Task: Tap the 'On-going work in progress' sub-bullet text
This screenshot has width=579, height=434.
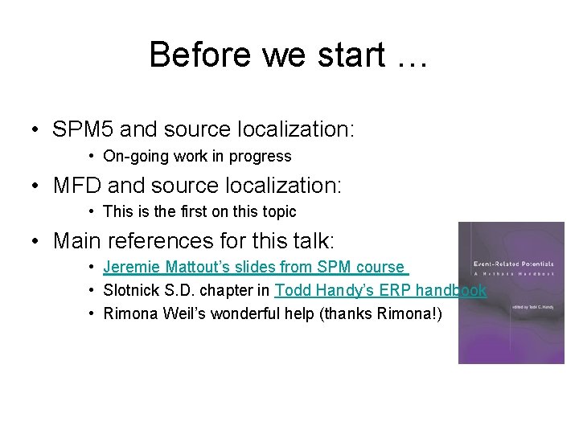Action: (197, 155)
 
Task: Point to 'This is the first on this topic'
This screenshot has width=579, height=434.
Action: (199, 212)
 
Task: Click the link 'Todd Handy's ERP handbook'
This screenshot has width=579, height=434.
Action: (380, 290)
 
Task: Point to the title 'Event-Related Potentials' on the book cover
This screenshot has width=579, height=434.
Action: (509, 263)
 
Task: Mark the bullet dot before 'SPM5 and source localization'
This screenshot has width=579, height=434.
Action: (37, 129)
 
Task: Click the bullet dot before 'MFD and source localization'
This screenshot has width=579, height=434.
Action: (37, 186)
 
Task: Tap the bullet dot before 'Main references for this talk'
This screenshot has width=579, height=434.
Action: (37, 241)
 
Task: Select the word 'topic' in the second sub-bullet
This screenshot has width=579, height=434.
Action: (277, 212)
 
